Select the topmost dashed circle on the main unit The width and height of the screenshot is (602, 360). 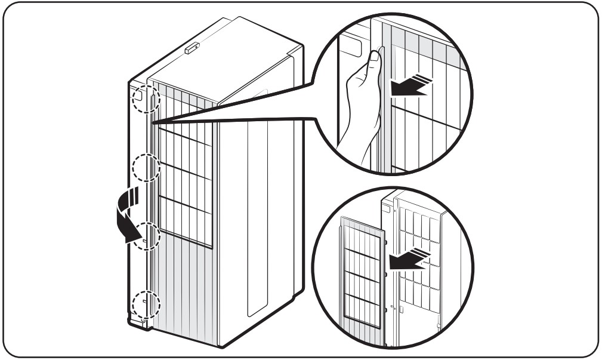coord(146,97)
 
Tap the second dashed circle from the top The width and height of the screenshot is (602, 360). coord(146,168)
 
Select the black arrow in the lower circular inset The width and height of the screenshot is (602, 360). coord(407,260)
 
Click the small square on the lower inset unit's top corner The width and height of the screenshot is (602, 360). coord(388,210)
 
